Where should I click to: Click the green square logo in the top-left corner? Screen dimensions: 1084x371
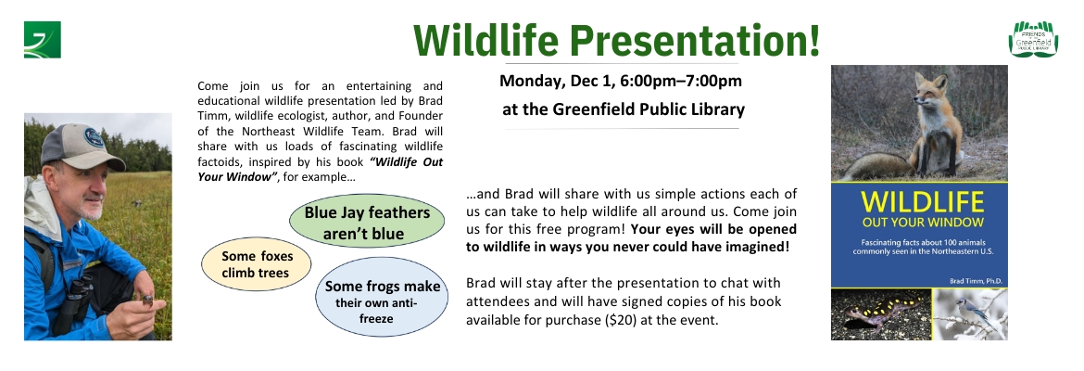click(x=43, y=40)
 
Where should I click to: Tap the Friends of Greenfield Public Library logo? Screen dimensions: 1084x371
click(x=1033, y=39)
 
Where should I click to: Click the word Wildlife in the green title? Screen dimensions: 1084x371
click(x=485, y=40)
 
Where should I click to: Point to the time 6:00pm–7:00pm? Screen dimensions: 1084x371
click(x=681, y=81)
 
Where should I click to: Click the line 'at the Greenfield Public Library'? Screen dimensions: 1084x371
click(x=624, y=109)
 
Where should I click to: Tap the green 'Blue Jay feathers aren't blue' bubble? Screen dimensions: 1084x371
click(x=367, y=223)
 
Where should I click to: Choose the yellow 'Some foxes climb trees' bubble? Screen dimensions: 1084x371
click(x=257, y=264)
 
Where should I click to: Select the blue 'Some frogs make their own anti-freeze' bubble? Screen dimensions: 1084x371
click(x=382, y=296)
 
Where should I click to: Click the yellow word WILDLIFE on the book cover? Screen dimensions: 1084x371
click(x=922, y=202)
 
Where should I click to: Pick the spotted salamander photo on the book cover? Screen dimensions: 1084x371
click(x=881, y=314)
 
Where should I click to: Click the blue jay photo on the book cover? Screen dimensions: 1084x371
click(x=971, y=314)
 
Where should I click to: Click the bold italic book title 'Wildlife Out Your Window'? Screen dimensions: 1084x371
click(x=320, y=169)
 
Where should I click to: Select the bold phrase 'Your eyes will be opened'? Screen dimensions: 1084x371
click(x=713, y=229)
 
